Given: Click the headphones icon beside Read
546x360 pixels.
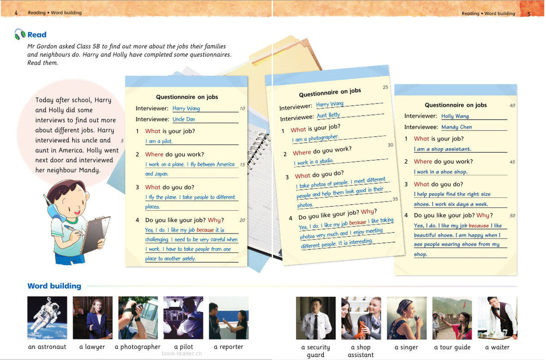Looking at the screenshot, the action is [x=20, y=34].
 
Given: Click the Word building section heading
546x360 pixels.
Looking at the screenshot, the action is [x=54, y=286].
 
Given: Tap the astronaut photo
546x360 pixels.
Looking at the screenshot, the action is [x=47, y=318].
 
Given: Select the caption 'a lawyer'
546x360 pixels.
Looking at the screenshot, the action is [x=92, y=347].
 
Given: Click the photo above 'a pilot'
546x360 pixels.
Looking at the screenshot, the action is [x=183, y=318].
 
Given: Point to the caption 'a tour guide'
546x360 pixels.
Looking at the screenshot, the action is [x=452, y=347].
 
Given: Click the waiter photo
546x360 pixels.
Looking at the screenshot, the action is [x=497, y=318].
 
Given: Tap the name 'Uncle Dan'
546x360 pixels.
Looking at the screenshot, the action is [x=184, y=119].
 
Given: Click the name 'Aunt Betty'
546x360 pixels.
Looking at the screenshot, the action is [x=328, y=115].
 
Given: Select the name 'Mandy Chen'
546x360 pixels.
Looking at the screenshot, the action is [x=456, y=127].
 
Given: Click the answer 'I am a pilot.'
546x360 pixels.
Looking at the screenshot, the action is [x=159, y=141].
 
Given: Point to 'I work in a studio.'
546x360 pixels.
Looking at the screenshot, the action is [x=313, y=162].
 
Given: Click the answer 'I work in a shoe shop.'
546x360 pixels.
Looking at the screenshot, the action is [x=440, y=172].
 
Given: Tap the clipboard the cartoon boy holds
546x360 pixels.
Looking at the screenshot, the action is [x=95, y=234].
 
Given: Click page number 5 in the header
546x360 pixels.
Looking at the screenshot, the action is [x=529, y=14].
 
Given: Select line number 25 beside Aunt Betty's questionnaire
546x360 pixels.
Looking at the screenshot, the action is [x=385, y=87].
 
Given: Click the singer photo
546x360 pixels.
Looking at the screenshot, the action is [x=407, y=318].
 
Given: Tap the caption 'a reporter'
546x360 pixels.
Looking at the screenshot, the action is [x=228, y=347].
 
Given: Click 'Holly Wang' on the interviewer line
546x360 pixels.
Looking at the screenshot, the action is [x=455, y=116].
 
